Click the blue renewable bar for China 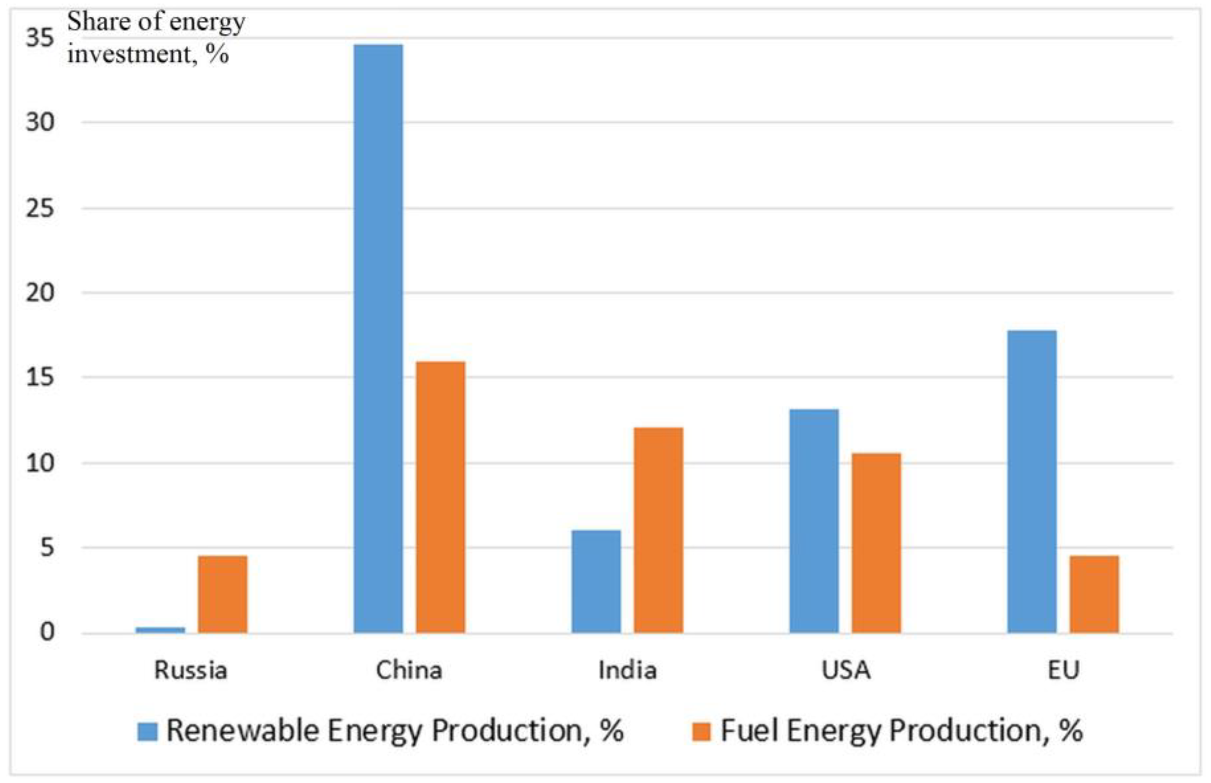tap(378, 338)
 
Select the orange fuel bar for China tap(440, 497)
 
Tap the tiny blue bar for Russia tap(160, 630)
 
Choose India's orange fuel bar tap(658, 530)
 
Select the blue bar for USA tap(814, 521)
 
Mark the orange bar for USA tap(876, 543)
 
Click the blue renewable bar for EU tap(1032, 481)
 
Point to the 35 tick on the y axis tap(40, 38)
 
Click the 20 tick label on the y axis tap(40, 293)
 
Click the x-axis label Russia tap(190, 670)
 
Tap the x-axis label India tap(627, 670)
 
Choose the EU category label tap(1063, 670)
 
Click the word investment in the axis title tap(129, 54)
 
